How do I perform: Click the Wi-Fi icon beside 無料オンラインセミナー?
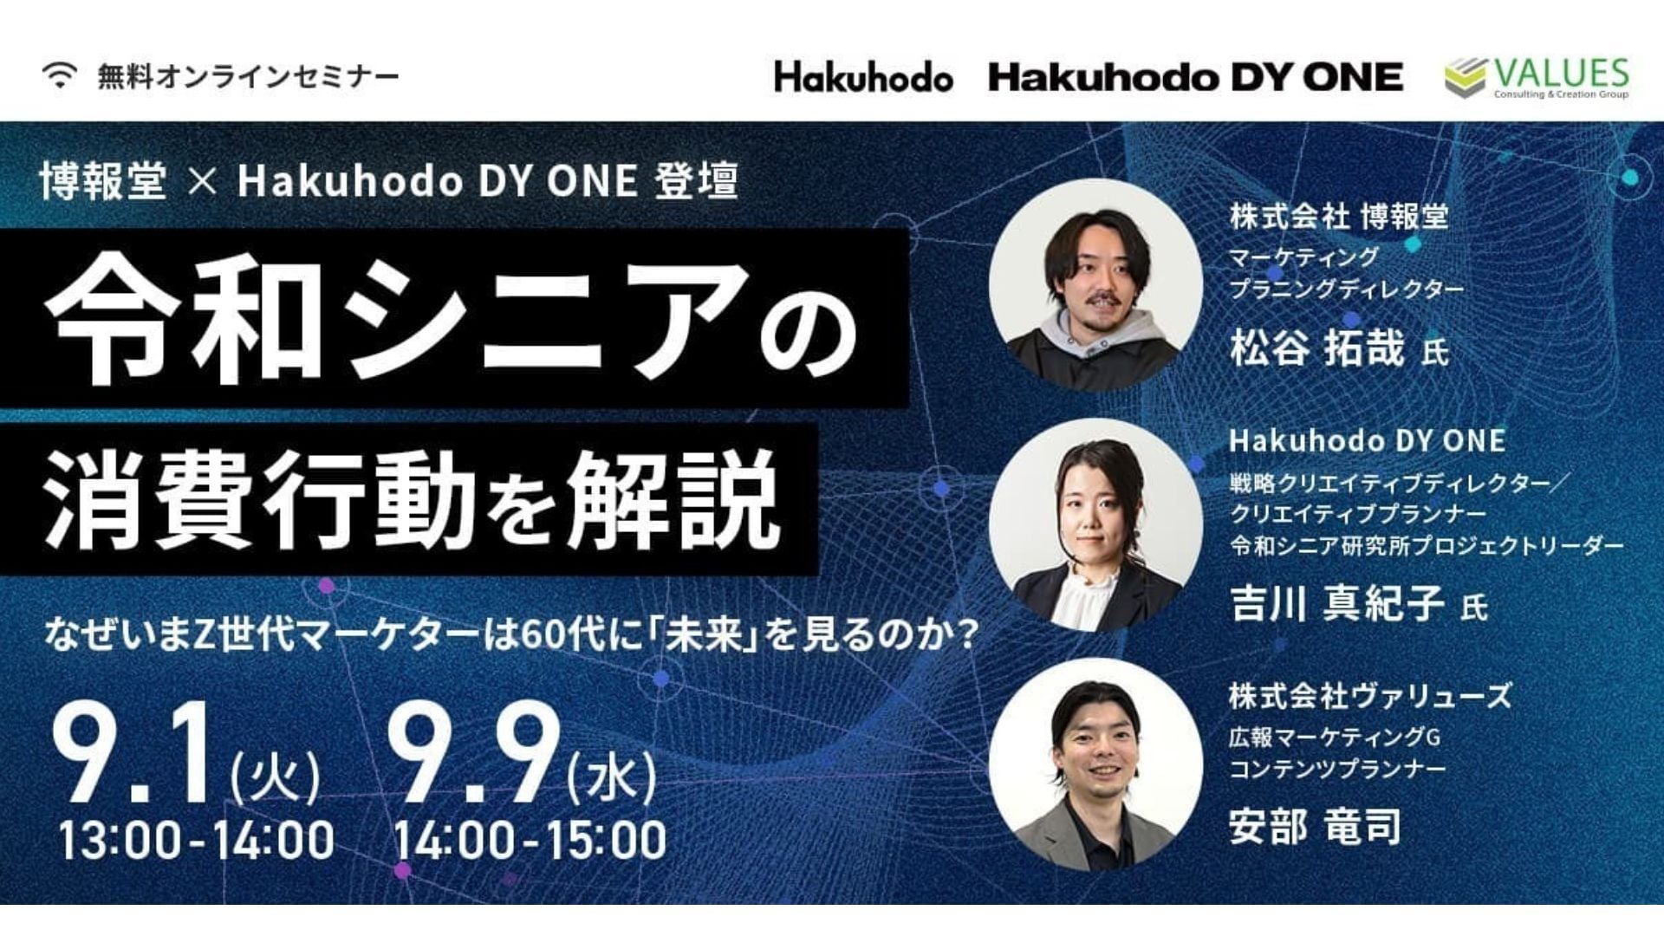point(60,76)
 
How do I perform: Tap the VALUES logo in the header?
point(1537,77)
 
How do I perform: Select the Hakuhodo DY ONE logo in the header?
point(1195,78)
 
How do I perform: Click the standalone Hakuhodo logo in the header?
point(863,77)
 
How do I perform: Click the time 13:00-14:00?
point(196,840)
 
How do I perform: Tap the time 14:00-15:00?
point(530,840)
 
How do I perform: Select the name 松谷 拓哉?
point(1316,348)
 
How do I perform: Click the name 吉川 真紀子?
point(1336,603)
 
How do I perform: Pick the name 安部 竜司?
point(1315,826)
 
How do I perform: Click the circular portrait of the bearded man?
point(1095,285)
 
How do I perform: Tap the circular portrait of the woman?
point(1095,525)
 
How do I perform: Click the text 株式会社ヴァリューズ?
point(1369,696)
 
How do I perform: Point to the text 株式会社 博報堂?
point(1339,216)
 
